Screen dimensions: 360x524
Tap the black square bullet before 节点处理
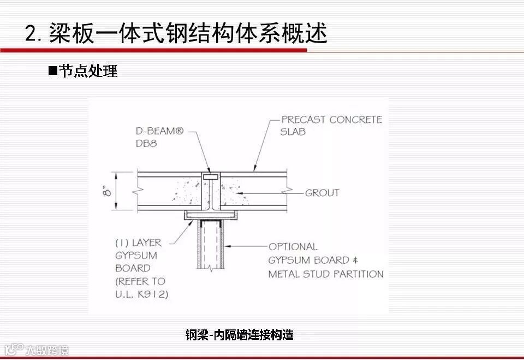pyautogui.click(x=52, y=70)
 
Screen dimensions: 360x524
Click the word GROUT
pyautogui.click(x=322, y=193)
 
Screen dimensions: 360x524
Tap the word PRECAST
pyautogui.click(x=303, y=120)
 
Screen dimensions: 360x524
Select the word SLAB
pyautogui.click(x=293, y=132)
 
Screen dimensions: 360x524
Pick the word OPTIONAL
pyautogui.click(x=293, y=247)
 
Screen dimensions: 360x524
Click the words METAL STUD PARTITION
pyautogui.click(x=326, y=274)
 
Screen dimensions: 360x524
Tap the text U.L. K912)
pyautogui.click(x=141, y=294)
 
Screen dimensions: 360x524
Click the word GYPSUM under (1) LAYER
pyautogui.click(x=136, y=255)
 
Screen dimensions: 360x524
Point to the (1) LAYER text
pyautogui.click(x=139, y=242)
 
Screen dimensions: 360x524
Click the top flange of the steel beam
pyautogui.click(x=210, y=177)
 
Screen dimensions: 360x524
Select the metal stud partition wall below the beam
pyautogui.click(x=211, y=246)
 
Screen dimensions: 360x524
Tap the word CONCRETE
pyautogui.click(x=355, y=120)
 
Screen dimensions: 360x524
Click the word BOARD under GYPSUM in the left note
pyautogui.click(x=132, y=268)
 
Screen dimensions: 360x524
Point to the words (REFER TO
pyautogui.click(x=140, y=281)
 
